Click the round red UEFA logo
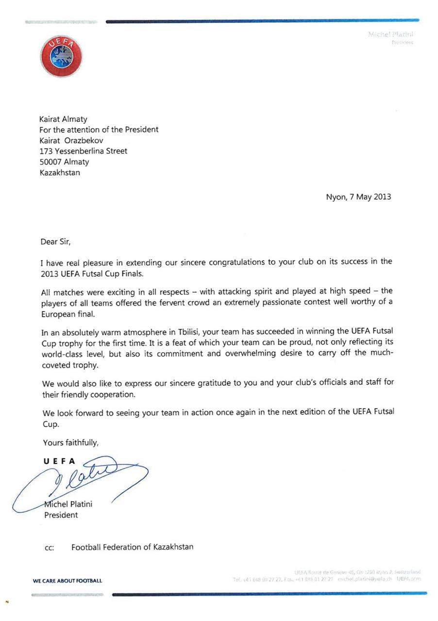tap(61, 56)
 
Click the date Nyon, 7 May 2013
tap(358, 197)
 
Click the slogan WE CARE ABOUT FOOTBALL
tap(67, 581)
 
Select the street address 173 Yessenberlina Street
tap(84, 151)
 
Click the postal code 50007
tap(51, 162)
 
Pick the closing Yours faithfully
tap(71, 442)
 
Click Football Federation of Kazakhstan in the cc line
tap(132, 547)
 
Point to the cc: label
tap(50, 548)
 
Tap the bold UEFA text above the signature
tap(59, 462)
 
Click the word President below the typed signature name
tap(61, 515)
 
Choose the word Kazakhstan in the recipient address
tap(60, 173)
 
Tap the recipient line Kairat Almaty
tap(63, 119)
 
